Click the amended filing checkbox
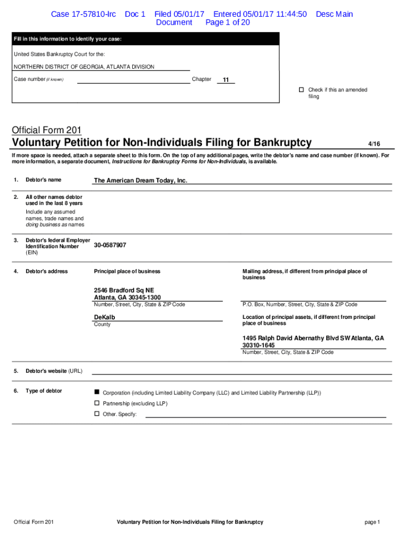pos(302,90)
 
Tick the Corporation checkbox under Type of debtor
pos(97,392)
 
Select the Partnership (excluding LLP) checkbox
pos(97,403)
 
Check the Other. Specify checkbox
pos(97,414)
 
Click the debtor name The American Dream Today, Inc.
pos(140,180)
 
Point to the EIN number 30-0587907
pos(110,245)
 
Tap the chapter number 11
pos(226,80)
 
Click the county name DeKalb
pos(104,317)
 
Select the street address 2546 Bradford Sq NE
pos(124,290)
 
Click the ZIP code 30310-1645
pos(258,346)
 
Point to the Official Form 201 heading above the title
pos(46,130)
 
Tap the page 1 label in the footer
pos(372,522)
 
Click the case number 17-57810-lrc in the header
pos(83,14)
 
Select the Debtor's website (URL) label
pos(54,371)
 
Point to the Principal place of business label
pos(127,271)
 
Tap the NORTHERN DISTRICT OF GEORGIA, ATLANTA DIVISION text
pos(84,67)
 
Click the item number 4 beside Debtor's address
pos(16,271)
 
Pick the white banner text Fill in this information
pos(67,39)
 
